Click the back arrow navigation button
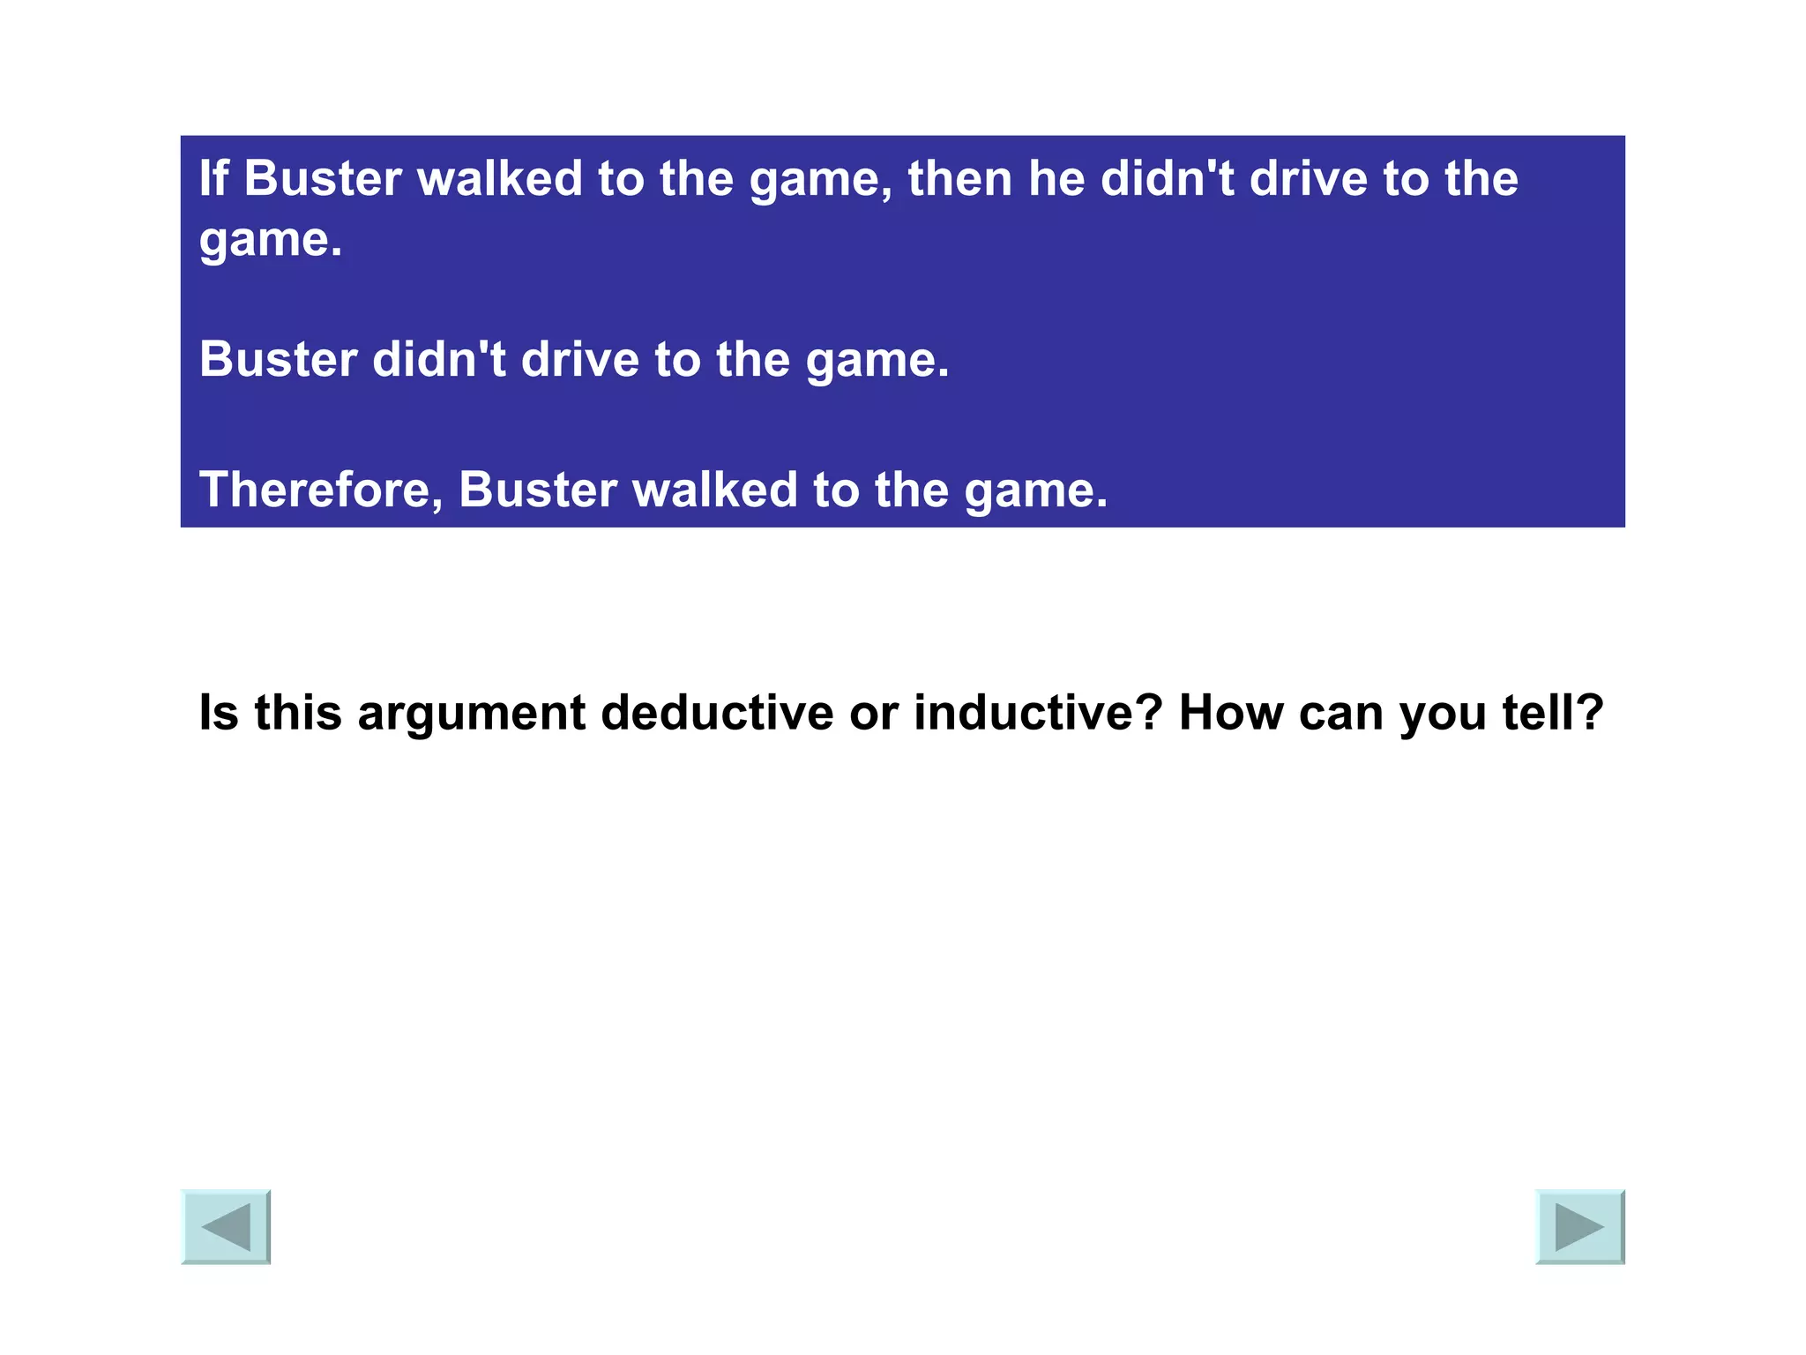coord(226,1226)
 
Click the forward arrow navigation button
coord(1579,1226)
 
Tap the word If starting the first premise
coord(213,178)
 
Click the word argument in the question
coord(471,715)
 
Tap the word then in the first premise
coord(960,178)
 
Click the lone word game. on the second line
coord(270,241)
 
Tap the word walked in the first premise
coord(499,178)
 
